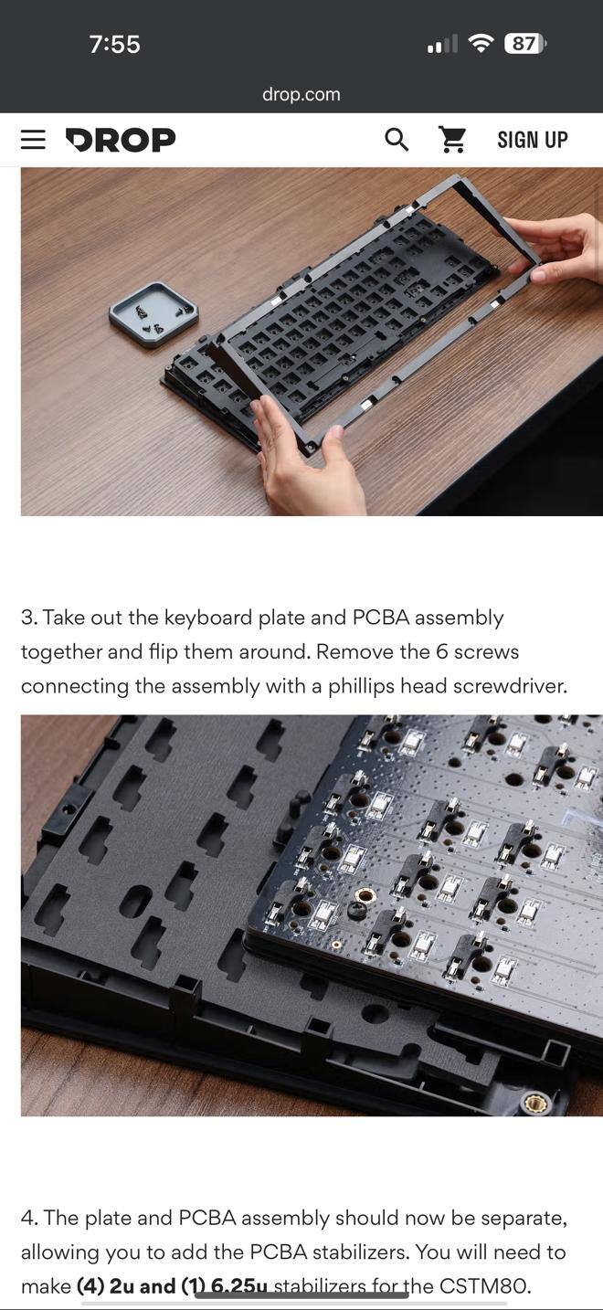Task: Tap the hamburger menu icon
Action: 33,139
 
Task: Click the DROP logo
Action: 121,140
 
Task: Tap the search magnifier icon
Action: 397,140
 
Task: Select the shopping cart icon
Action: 452,139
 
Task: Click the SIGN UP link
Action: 533,140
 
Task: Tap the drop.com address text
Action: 301,94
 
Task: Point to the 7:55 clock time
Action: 114,44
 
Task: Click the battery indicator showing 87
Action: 525,43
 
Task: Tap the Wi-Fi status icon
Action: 481,43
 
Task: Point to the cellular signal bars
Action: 442,44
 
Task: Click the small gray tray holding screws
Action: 153,314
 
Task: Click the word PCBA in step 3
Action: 381,618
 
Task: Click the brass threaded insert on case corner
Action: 536,1104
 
